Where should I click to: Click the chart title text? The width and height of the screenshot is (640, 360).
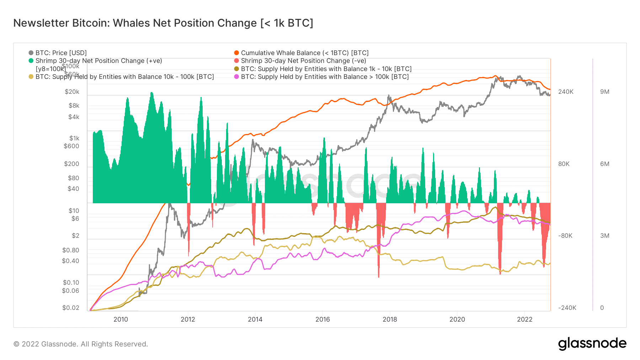click(163, 23)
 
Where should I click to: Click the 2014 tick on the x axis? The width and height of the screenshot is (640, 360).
click(255, 319)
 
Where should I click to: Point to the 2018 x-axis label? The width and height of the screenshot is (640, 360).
click(390, 319)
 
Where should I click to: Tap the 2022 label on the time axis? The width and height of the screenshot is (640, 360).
click(524, 319)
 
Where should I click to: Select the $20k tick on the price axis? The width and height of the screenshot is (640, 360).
click(72, 92)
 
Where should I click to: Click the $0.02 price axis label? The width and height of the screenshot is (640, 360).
click(71, 308)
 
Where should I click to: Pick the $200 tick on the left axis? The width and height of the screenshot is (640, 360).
click(71, 164)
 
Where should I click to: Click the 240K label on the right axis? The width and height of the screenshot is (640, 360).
click(566, 92)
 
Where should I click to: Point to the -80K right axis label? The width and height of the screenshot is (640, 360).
click(565, 236)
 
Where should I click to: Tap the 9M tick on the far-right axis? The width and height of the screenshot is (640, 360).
click(604, 92)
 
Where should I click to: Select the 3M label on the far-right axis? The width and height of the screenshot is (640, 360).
click(604, 236)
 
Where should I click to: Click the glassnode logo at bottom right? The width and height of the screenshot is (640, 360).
click(592, 344)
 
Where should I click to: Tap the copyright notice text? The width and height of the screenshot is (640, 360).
click(81, 344)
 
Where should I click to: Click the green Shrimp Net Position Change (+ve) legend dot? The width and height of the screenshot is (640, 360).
click(31, 61)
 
